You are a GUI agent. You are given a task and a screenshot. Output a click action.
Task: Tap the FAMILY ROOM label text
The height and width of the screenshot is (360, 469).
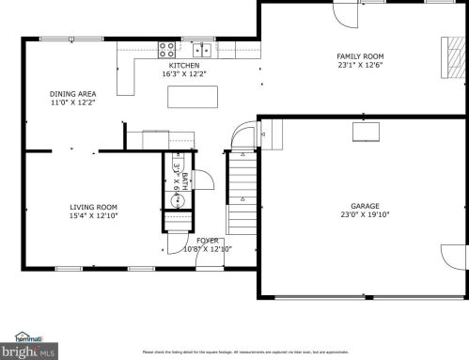(360, 56)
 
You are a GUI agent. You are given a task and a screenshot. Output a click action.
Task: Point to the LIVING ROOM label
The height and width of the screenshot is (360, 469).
(93, 207)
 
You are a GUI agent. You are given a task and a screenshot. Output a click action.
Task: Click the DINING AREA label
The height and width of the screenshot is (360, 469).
(72, 94)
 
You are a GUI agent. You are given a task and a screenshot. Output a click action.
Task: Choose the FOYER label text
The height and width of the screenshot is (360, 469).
(208, 241)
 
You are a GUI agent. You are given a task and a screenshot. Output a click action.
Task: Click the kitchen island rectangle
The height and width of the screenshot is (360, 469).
(193, 97)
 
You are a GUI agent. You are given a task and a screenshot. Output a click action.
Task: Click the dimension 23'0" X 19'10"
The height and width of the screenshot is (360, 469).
(365, 214)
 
